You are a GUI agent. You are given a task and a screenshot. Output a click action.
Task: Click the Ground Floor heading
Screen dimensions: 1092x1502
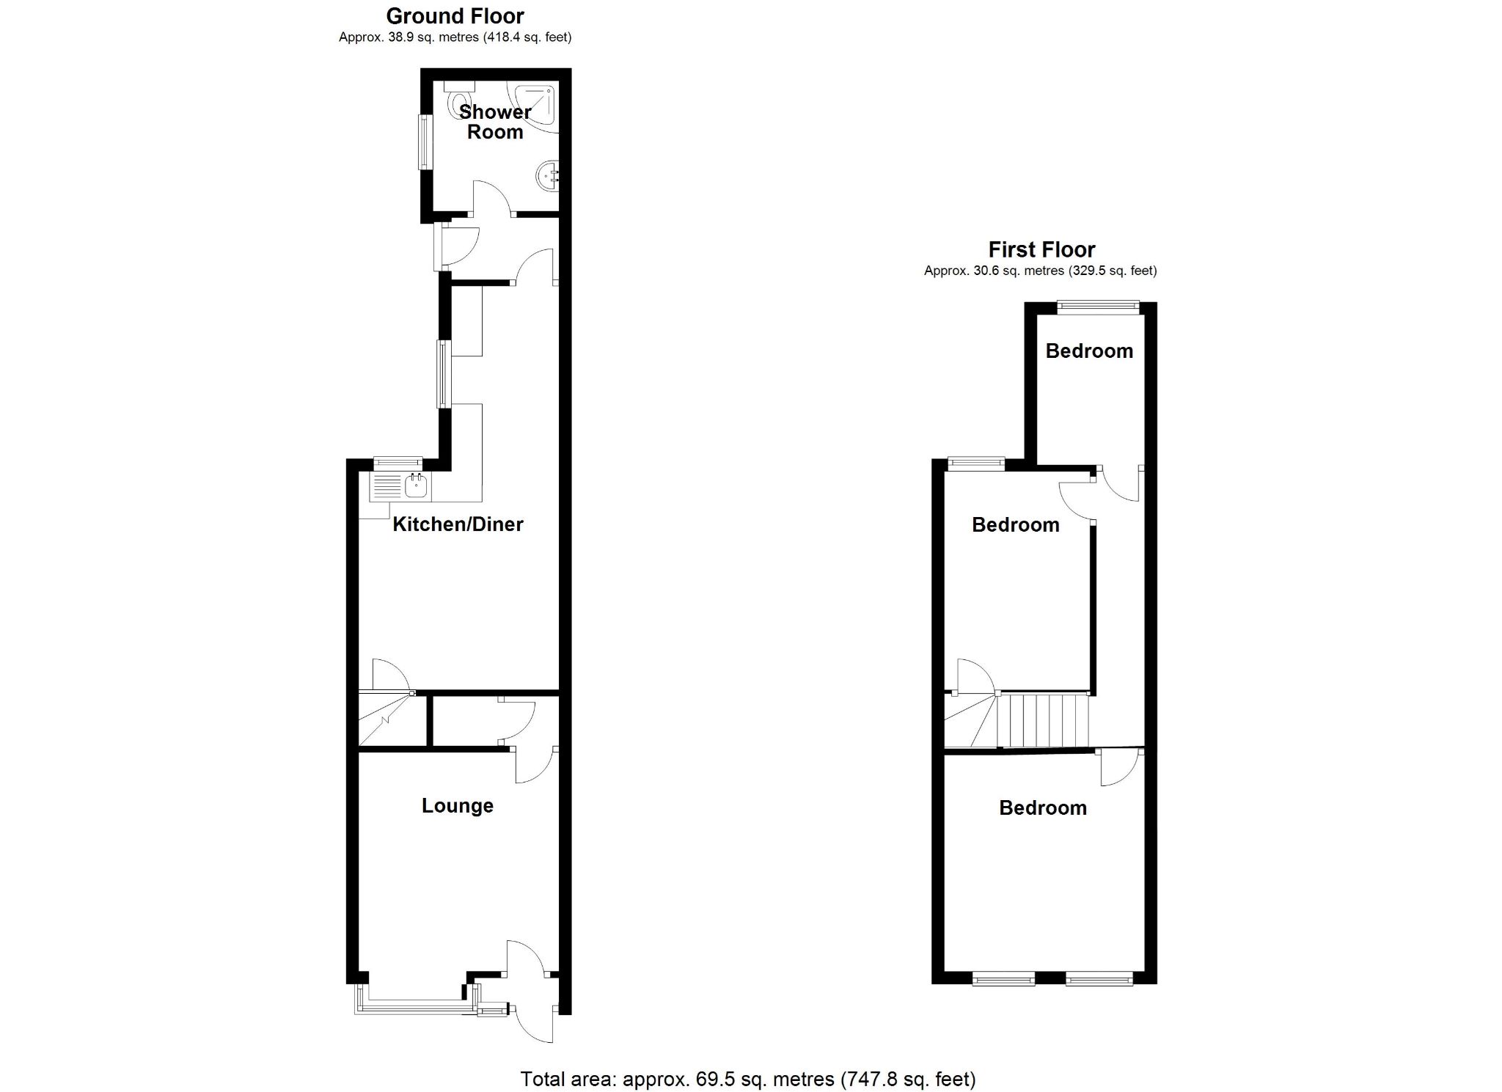pyautogui.click(x=455, y=16)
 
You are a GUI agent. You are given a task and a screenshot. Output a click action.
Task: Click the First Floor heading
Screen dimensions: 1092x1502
pyautogui.click(x=1041, y=250)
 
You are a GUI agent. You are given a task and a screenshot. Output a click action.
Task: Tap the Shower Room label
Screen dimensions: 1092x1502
pyautogui.click(x=495, y=122)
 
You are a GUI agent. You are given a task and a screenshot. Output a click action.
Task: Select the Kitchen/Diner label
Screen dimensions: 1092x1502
pyautogui.click(x=458, y=524)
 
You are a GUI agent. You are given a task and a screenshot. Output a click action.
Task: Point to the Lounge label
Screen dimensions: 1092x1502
pyautogui.click(x=457, y=806)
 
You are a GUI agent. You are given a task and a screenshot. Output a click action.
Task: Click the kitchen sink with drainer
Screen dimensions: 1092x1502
pyautogui.click(x=400, y=485)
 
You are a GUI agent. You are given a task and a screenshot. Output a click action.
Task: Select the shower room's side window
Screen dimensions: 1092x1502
pyautogui.click(x=425, y=142)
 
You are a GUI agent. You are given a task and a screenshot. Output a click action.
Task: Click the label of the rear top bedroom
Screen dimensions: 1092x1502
pyautogui.click(x=1089, y=351)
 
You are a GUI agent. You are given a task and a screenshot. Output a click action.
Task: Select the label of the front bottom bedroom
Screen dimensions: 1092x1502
pyautogui.click(x=1042, y=808)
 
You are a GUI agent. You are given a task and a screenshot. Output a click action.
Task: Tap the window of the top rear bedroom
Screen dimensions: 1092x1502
pyautogui.click(x=1098, y=308)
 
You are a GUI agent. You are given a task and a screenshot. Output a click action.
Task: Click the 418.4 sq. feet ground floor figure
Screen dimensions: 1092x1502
pyautogui.click(x=527, y=37)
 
